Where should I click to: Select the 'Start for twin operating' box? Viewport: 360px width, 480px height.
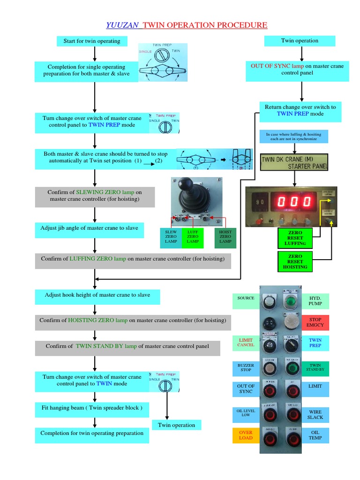click(92, 41)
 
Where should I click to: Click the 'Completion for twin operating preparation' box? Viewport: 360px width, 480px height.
click(92, 434)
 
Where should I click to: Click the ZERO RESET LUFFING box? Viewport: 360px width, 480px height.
click(295, 238)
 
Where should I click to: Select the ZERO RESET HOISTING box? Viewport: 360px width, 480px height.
click(295, 262)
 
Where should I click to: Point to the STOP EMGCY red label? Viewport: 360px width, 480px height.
click(315, 322)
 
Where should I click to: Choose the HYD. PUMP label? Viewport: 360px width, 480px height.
click(315, 301)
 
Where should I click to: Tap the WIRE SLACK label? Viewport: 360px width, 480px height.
click(315, 414)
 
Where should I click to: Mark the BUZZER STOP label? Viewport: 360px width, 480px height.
click(246, 367)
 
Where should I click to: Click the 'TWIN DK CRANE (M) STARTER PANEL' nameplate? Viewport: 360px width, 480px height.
click(294, 163)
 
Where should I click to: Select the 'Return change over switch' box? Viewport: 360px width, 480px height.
click(300, 111)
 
